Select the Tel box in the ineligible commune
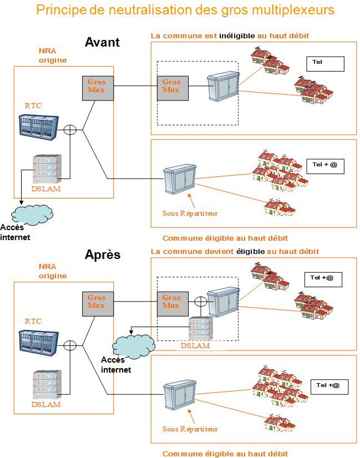coord(325,64)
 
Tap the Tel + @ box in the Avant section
coord(325,166)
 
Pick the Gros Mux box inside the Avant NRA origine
coord(98,88)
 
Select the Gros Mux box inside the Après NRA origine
coord(98,304)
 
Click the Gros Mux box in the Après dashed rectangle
coord(172,304)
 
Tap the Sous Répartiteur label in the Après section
coord(190,429)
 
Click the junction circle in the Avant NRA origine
coord(70,130)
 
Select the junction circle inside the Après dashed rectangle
coord(200,303)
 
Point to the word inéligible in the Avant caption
coord(237,36)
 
